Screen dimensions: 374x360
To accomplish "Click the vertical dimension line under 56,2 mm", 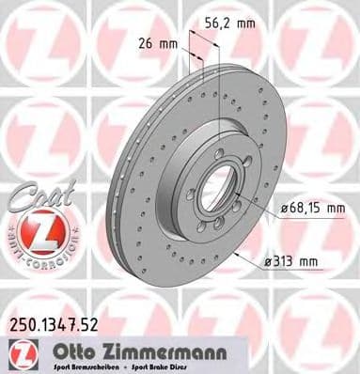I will pos(218,94).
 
